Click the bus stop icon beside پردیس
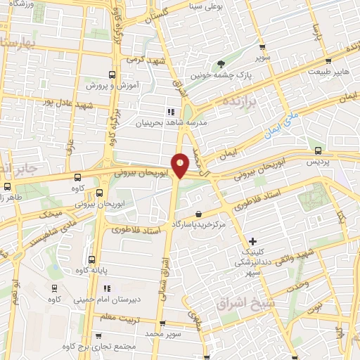tap(319, 150)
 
